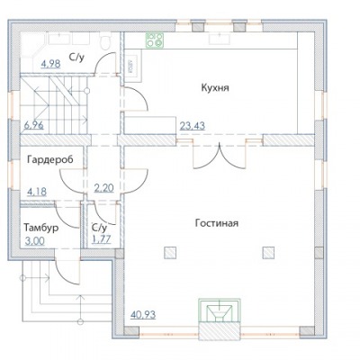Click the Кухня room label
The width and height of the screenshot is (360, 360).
(215, 88)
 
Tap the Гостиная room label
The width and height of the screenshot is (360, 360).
(217, 223)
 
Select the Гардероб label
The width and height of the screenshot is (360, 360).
(50, 160)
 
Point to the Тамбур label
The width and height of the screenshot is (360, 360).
(41, 228)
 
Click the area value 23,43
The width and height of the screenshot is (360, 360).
(193, 126)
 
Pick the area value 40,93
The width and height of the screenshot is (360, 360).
(143, 315)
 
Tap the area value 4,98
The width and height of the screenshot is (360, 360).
(50, 64)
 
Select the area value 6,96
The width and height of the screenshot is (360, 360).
(33, 125)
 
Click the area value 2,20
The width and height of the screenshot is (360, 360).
(103, 188)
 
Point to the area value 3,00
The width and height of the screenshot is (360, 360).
(34, 241)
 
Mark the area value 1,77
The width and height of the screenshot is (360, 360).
(101, 239)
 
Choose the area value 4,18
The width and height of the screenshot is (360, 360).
(37, 192)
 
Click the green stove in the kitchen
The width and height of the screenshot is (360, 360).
(155, 40)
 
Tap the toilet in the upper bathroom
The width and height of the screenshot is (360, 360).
(105, 42)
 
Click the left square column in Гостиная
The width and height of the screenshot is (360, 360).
(170, 252)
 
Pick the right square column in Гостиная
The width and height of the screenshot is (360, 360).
(268, 252)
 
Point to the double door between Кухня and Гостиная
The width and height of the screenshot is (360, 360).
(220, 156)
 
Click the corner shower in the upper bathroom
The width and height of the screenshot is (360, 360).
(32, 46)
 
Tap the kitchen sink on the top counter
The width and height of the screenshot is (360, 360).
(220, 40)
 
